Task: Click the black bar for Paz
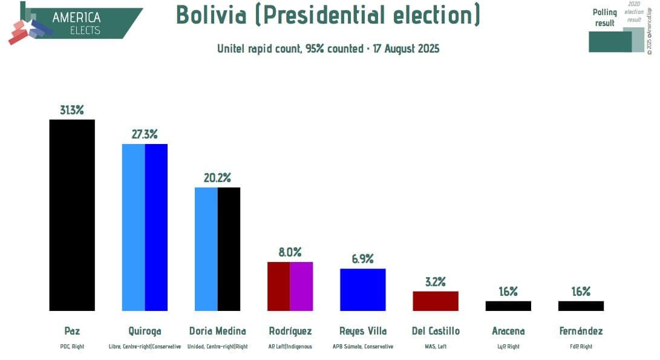(72, 215)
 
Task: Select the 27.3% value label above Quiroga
(145, 134)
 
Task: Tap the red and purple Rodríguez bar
(290, 286)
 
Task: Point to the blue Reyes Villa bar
(362, 289)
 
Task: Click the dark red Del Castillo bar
(435, 301)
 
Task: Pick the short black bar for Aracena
(508, 306)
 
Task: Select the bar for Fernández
(581, 306)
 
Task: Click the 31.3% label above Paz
(72, 110)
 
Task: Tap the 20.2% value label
(217, 178)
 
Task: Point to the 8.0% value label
(290, 252)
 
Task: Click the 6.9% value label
(362, 259)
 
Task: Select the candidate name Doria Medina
(217, 331)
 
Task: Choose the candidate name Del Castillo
(435, 331)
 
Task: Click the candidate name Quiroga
(145, 331)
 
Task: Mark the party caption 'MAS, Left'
(435, 347)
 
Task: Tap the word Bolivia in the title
(211, 15)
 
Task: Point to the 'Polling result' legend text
(604, 18)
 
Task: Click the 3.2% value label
(435, 281)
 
